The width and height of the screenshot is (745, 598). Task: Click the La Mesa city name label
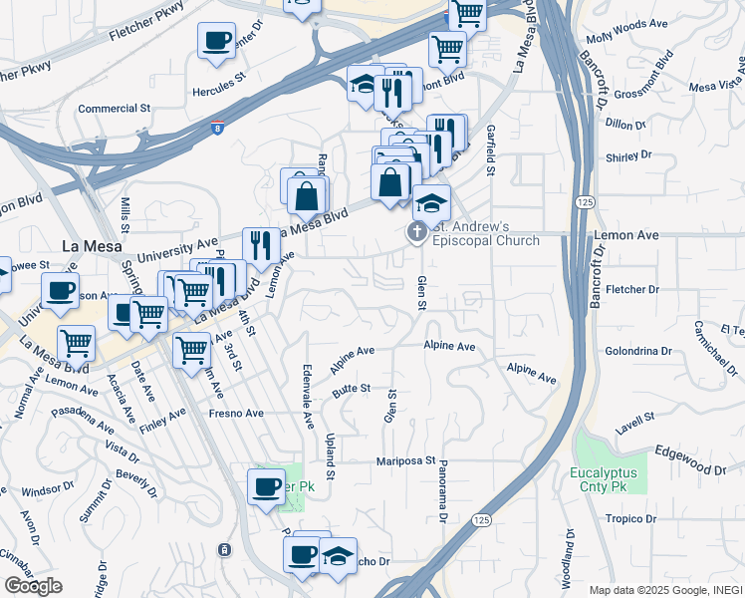(x=92, y=246)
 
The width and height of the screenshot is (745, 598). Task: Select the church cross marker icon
(x=416, y=233)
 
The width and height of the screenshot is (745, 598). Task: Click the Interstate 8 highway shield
(x=218, y=127)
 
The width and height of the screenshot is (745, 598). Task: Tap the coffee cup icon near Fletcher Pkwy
(x=217, y=42)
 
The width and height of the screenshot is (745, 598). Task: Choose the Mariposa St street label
(x=406, y=461)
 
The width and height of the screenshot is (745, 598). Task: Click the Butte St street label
(x=352, y=389)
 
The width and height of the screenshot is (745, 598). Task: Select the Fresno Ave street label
(x=235, y=413)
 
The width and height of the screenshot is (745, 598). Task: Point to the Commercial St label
(x=114, y=108)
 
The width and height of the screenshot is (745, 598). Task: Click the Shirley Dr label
(x=628, y=155)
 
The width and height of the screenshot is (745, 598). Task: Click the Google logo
(x=33, y=586)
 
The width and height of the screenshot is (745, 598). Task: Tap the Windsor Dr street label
(x=42, y=491)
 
